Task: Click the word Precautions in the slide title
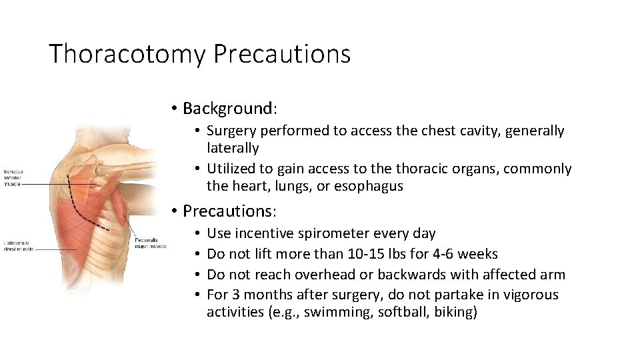(281, 54)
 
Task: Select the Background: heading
(228, 108)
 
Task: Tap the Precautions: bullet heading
(228, 211)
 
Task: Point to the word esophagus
(370, 187)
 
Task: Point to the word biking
(455, 313)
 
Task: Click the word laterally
(233, 148)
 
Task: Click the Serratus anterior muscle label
(14, 178)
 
